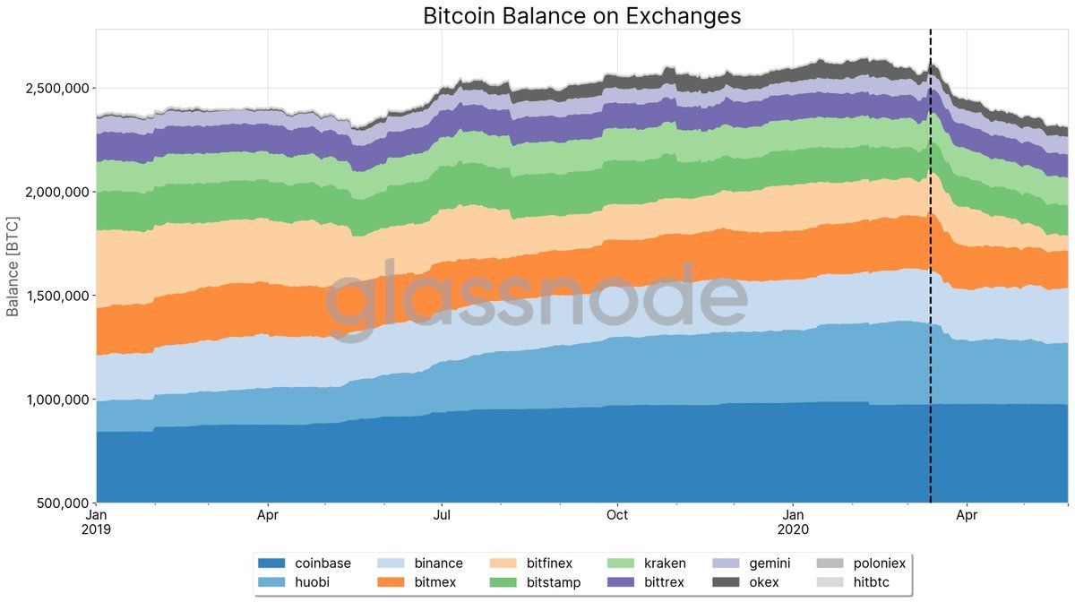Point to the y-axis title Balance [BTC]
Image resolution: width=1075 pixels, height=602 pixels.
pyautogui.click(x=13, y=266)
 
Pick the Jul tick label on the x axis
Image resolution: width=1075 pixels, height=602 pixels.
pyautogui.click(x=442, y=516)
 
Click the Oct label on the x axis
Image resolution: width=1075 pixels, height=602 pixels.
pyautogui.click(x=617, y=516)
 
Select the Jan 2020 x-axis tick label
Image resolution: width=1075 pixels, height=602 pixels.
pyautogui.click(x=794, y=522)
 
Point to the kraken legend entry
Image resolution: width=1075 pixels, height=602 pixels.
pyautogui.click(x=664, y=563)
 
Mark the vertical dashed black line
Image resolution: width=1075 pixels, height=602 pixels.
pyautogui.click(x=931, y=269)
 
